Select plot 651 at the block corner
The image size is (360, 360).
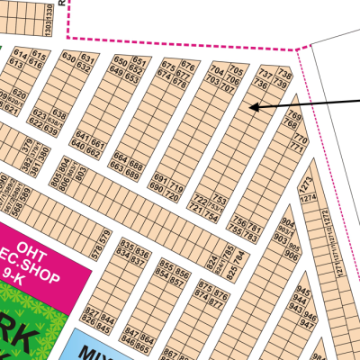139,61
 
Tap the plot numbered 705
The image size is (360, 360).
236,71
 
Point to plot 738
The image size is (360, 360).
286,73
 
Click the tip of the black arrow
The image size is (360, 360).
252,108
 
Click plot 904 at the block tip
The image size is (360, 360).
288,221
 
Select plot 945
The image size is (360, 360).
303,292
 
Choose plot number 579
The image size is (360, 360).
108,238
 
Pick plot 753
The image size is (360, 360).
219,197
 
